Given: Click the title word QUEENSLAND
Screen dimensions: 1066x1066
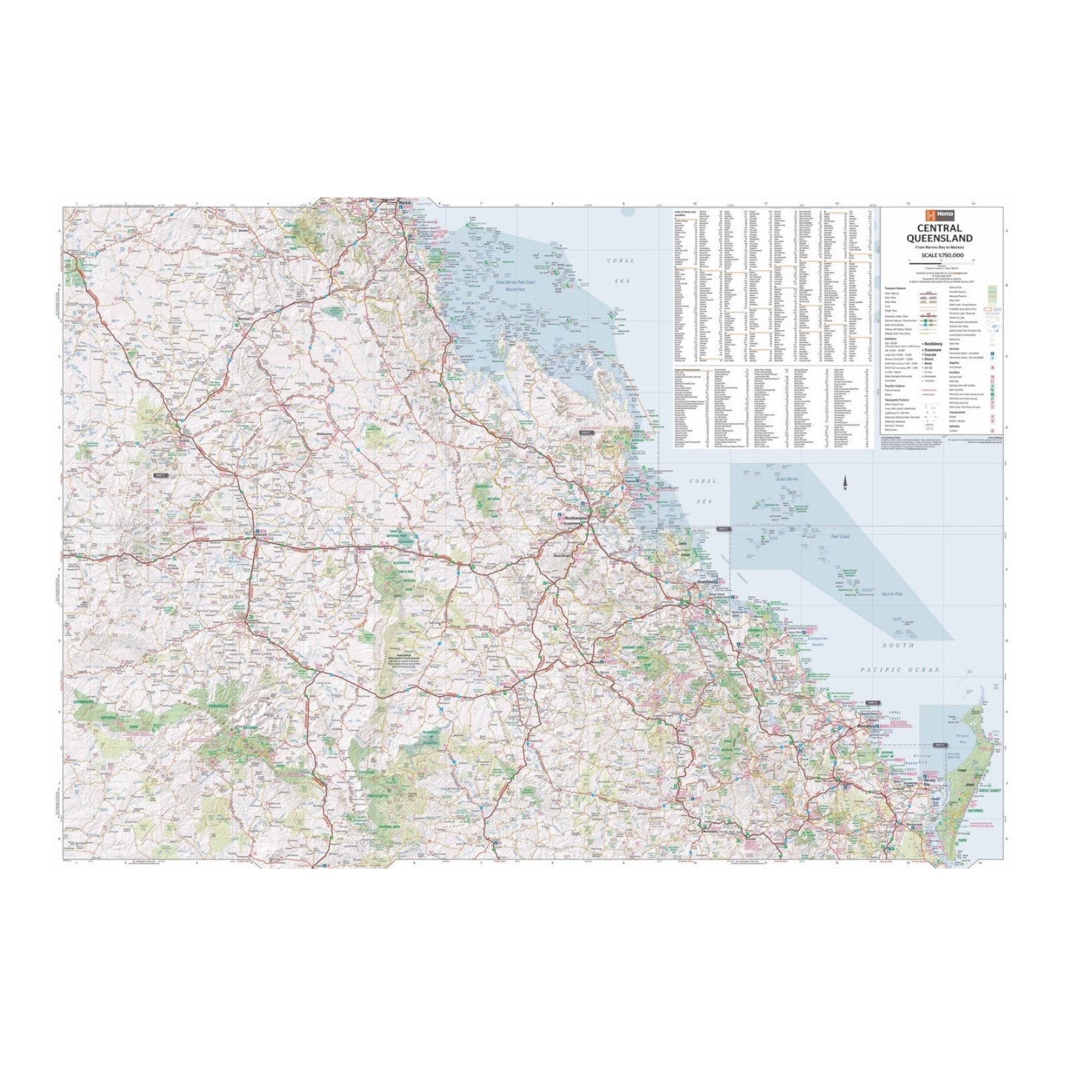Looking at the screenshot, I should tap(943, 239).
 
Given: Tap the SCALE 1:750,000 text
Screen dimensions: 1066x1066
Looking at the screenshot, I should tap(943, 255).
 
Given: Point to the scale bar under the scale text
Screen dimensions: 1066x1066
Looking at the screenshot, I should tap(943, 261).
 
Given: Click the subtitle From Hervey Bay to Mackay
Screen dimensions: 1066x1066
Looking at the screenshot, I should tap(943, 248).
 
